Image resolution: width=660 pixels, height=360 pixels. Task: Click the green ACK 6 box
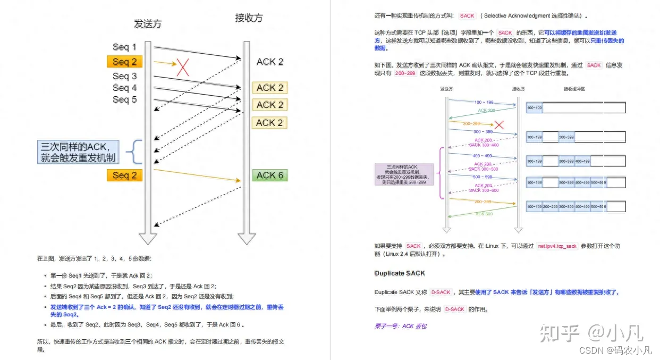pos(270,175)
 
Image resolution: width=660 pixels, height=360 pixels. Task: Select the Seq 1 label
pos(124,47)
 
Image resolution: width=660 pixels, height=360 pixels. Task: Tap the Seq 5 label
pos(124,99)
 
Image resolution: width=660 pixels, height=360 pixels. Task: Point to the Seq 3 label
pos(124,76)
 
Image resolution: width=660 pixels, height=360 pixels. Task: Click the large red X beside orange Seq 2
pos(183,67)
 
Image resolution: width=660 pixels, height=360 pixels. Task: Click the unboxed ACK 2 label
pos(270,62)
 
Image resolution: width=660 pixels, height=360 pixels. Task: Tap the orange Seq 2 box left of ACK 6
pos(124,175)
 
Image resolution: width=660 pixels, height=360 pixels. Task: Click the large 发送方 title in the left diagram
pos(148,23)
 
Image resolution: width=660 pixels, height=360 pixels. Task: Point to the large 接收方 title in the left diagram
pos(249,18)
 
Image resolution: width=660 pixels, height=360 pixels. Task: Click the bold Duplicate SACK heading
pos(400,273)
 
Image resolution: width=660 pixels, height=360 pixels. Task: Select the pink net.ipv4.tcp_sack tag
pos(557,246)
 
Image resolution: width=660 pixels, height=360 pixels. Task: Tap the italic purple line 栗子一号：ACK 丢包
pos(401,326)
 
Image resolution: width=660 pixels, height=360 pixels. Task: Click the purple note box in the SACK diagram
pos(404,174)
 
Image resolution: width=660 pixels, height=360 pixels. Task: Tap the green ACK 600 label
pos(484,214)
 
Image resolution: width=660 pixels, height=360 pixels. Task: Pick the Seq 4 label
pos(124,88)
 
